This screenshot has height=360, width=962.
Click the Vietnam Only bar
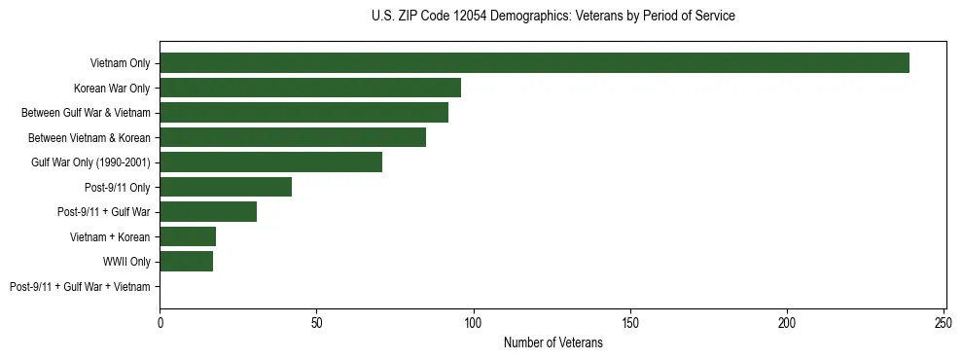click(x=534, y=63)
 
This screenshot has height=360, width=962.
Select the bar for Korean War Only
click(x=310, y=88)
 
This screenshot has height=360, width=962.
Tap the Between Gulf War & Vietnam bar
click(x=303, y=113)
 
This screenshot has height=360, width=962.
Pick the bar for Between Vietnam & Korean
click(x=293, y=137)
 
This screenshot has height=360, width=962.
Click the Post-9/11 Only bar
click(x=226, y=187)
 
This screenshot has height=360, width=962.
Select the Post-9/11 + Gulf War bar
click(x=208, y=212)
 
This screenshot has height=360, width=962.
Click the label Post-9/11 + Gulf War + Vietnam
click(x=80, y=287)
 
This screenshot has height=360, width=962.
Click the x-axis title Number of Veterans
click(x=552, y=342)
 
